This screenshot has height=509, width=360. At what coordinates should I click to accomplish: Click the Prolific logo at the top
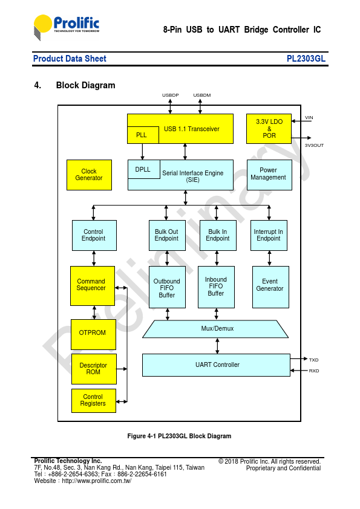click(x=67, y=27)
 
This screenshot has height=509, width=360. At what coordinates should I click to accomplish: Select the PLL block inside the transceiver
click(x=143, y=135)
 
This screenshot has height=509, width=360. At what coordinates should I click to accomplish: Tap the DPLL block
click(x=144, y=169)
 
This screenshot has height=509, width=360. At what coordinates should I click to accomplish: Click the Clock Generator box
click(x=89, y=175)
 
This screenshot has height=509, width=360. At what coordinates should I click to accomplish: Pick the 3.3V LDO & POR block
click(x=269, y=129)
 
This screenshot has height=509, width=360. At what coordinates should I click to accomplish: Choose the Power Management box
click(x=269, y=175)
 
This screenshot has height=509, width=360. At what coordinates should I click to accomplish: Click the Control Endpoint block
click(x=94, y=235)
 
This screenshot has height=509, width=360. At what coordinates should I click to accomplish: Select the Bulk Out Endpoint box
click(x=167, y=235)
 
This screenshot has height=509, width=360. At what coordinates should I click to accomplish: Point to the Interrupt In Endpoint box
click(x=269, y=235)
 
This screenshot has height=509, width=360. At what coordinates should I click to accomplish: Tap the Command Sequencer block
click(x=93, y=286)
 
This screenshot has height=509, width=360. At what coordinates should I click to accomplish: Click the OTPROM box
click(x=93, y=334)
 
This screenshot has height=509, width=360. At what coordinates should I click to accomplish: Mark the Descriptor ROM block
click(x=94, y=369)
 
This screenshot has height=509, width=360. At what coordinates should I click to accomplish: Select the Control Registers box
click(x=94, y=401)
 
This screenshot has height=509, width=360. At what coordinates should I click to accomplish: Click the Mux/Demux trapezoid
click(x=215, y=329)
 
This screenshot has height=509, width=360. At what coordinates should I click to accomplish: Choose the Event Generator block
click(x=270, y=287)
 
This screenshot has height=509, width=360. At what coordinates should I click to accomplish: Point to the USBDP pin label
click(x=170, y=95)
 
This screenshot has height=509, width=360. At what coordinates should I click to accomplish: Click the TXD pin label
click(x=313, y=360)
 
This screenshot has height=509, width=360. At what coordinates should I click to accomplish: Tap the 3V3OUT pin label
click(x=314, y=146)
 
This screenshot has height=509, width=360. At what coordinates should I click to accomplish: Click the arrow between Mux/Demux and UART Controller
click(x=217, y=346)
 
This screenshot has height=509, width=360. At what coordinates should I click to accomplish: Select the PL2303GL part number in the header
click(x=306, y=59)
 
